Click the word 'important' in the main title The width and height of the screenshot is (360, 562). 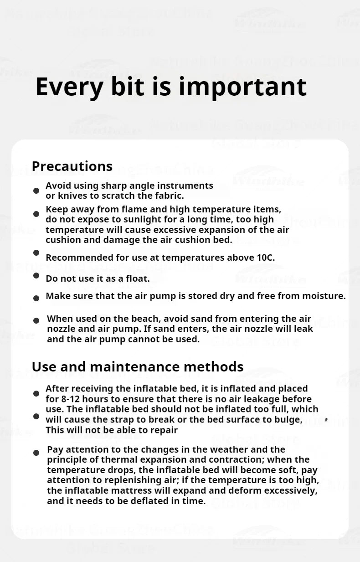tap(242, 87)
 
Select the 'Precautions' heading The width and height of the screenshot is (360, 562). tap(72, 166)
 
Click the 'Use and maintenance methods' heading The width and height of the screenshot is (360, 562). tap(138, 366)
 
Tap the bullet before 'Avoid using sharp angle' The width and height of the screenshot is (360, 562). tap(36, 191)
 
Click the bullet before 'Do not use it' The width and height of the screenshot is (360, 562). tap(36, 276)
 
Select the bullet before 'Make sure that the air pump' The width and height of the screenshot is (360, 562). tap(36, 298)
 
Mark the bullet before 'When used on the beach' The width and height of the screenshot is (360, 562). tap(36, 320)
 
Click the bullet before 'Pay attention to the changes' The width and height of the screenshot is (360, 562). tap(36, 453)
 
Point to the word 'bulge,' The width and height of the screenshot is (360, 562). tap(288, 419)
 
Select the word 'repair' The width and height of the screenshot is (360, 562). tap(164, 430)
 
